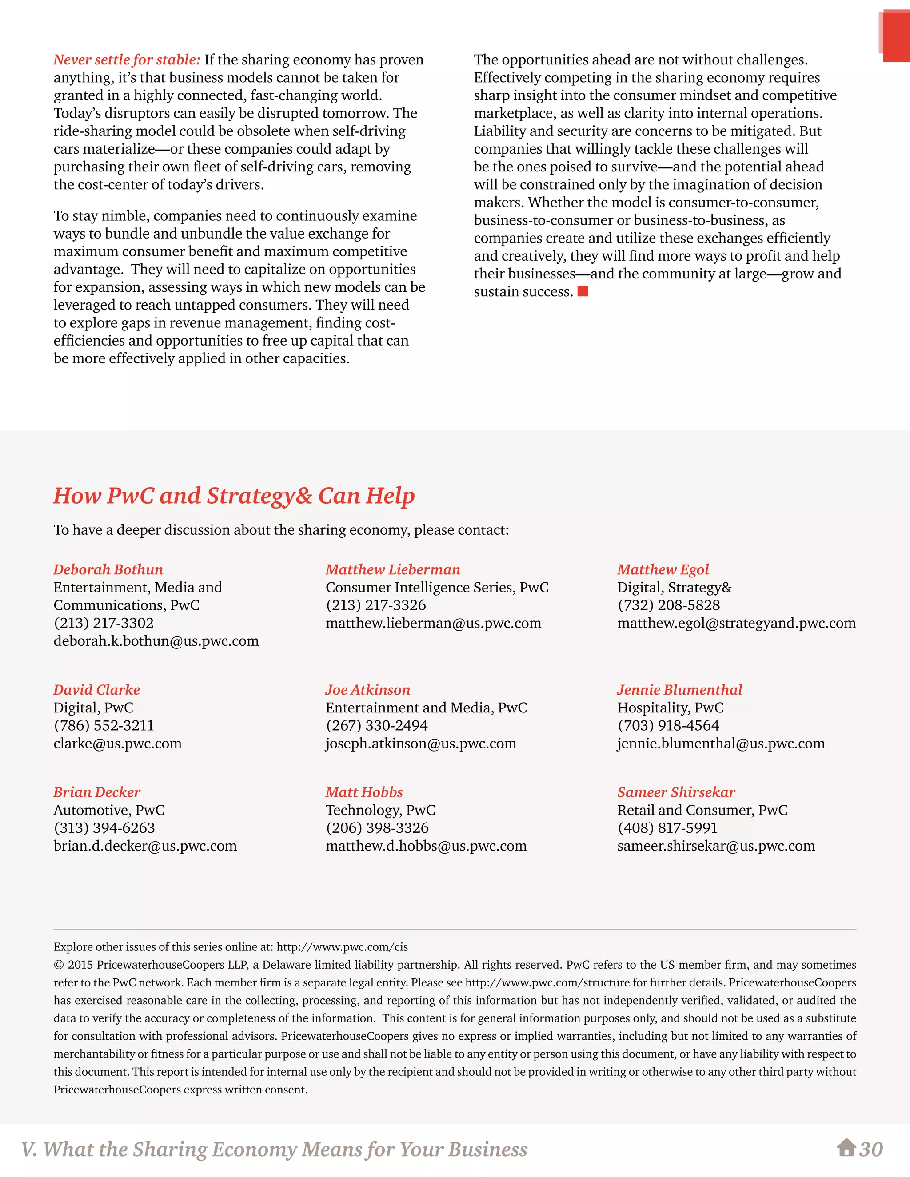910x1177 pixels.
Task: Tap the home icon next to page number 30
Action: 846,1149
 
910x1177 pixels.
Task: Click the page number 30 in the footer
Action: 871,1149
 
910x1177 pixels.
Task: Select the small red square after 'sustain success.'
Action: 583,291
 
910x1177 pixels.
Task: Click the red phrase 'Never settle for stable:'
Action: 127,60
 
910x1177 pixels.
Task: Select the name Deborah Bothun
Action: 108,570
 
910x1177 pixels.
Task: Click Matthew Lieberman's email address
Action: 433,624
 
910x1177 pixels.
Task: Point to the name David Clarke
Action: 96,690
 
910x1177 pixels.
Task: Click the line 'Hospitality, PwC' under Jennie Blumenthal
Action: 670,708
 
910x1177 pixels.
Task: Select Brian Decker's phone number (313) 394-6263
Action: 104,828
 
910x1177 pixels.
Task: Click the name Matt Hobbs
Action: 364,792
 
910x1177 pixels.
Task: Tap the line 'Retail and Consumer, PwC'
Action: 702,810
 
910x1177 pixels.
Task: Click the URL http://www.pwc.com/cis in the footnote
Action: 342,947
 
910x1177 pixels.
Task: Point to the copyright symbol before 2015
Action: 58,965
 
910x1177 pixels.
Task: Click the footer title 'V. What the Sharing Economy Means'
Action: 274,1149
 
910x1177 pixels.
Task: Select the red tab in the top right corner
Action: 896,38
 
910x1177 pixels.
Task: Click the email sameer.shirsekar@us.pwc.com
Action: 716,846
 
